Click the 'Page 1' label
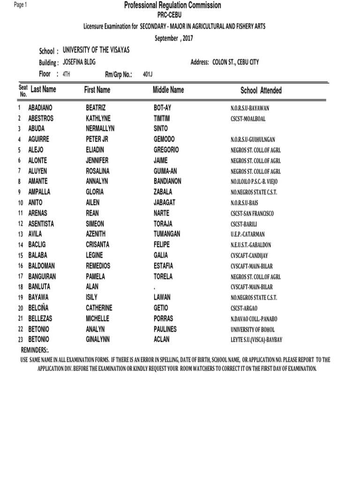[x=21, y=5]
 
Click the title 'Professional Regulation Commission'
[x=172, y=6]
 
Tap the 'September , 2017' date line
[x=174, y=38]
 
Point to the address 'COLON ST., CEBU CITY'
[x=232, y=62]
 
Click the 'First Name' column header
[x=97, y=90]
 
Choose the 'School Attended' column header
[x=261, y=90]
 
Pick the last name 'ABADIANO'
[x=44, y=108]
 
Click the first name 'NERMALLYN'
[x=100, y=128]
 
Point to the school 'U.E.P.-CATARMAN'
[x=248, y=234]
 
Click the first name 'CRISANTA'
[x=98, y=245]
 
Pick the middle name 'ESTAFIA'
[x=163, y=266]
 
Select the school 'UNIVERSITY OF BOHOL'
[x=253, y=330]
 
